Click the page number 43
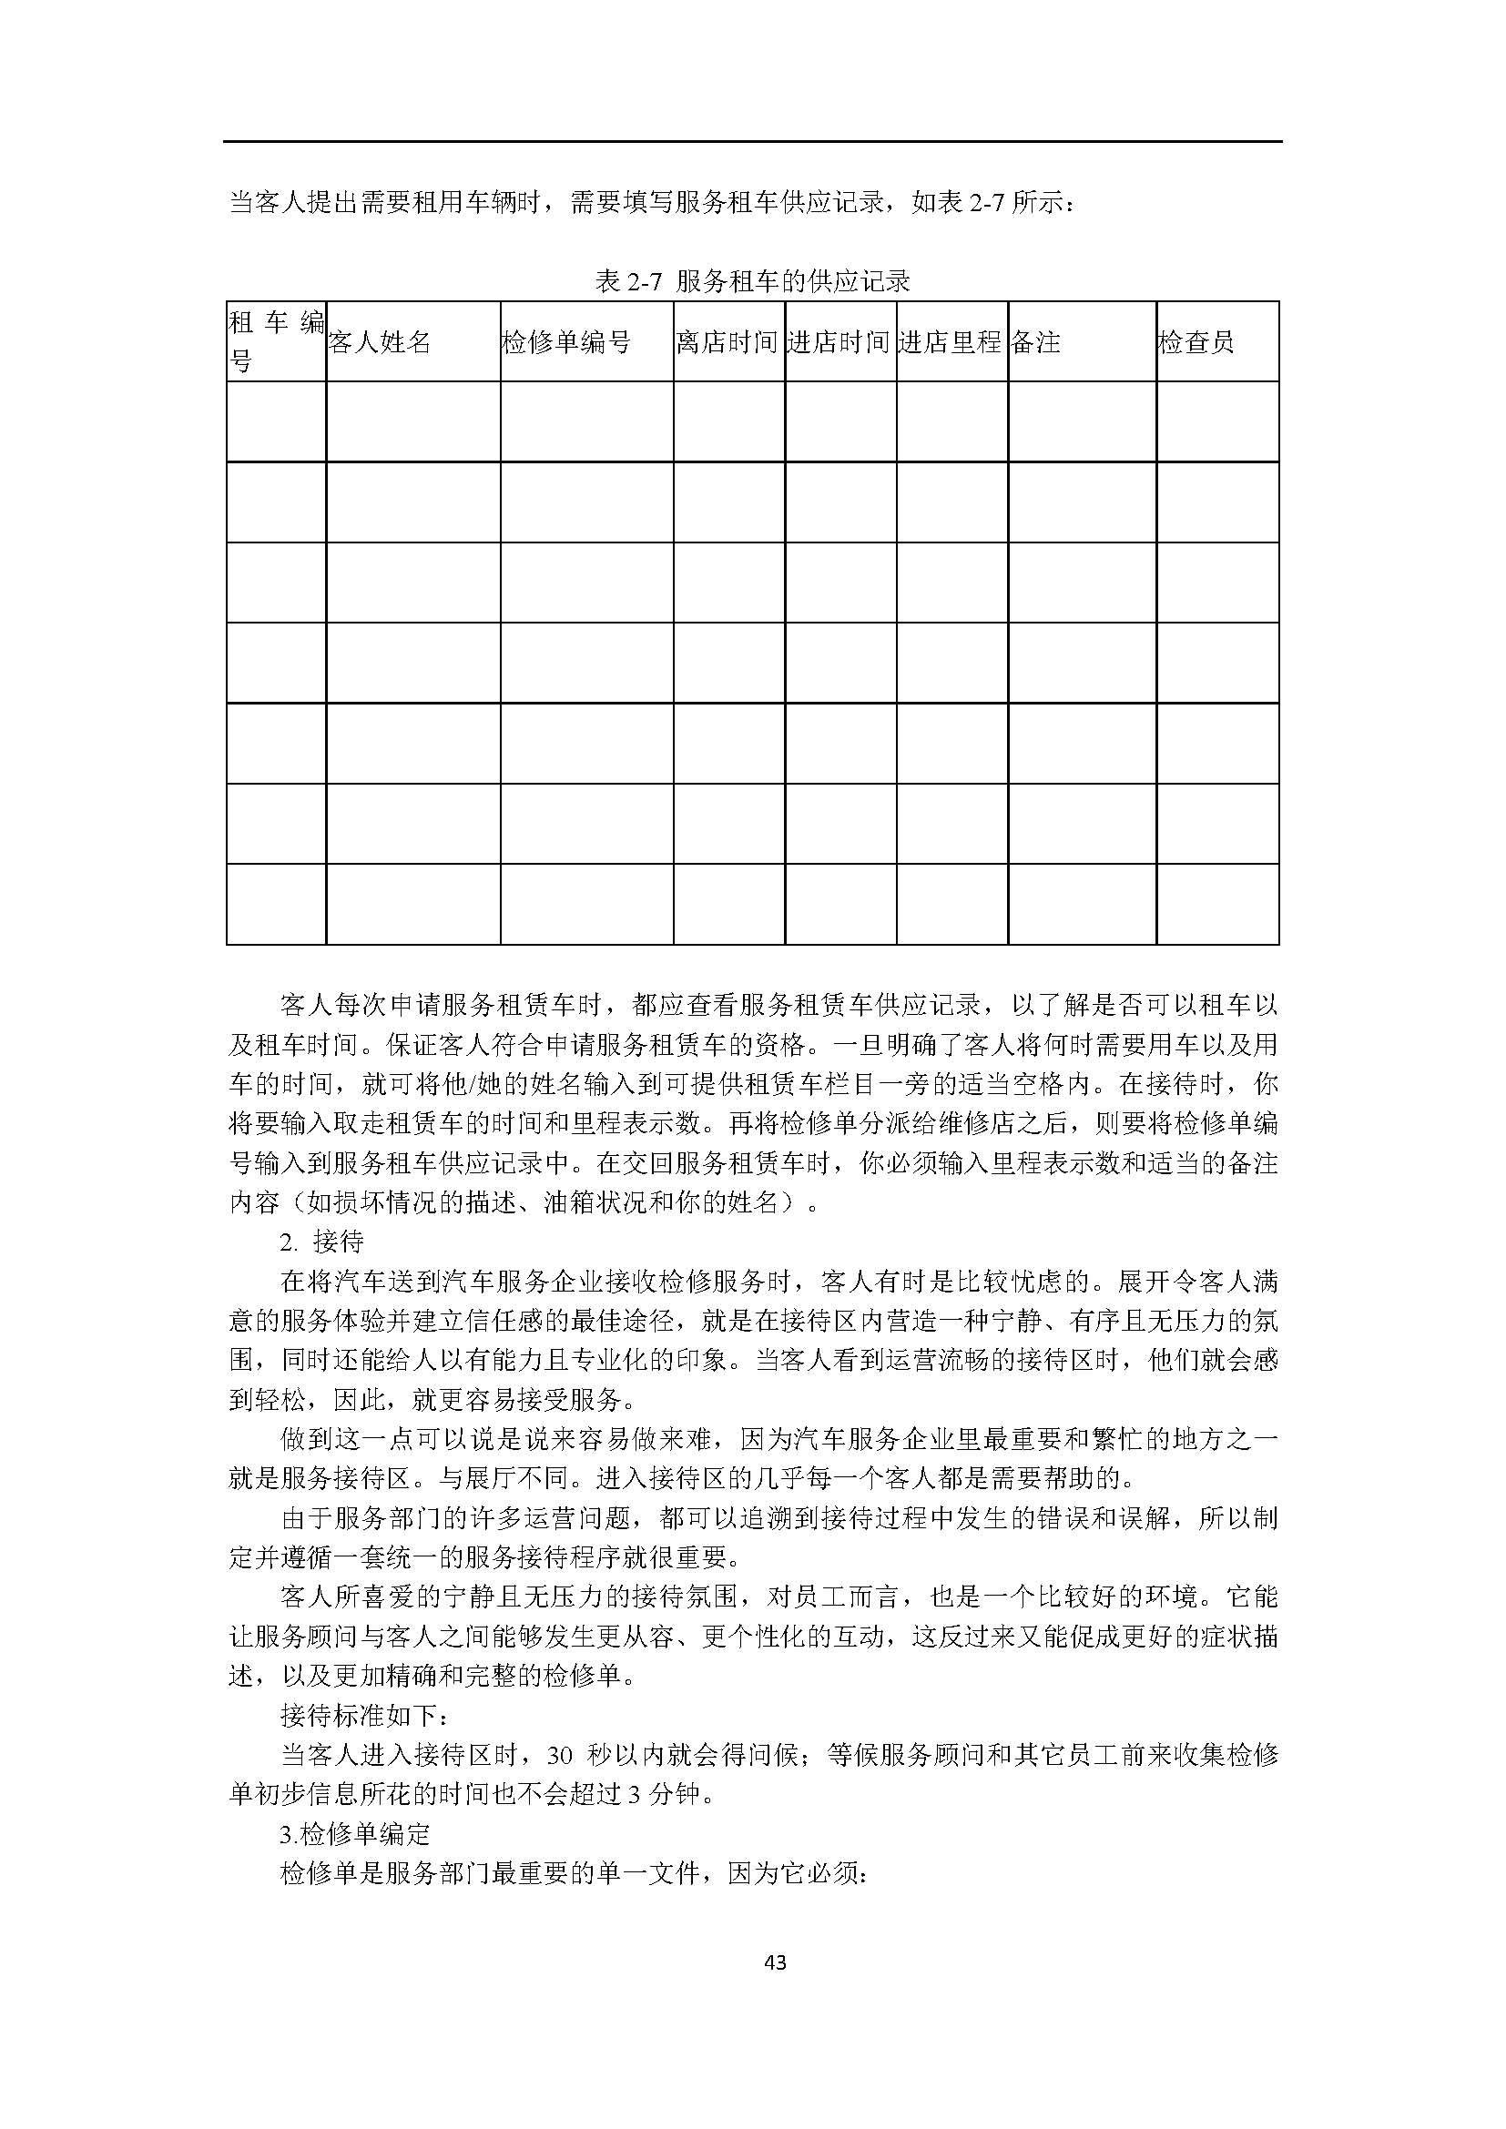point(776,1962)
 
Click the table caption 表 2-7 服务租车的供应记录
point(752,281)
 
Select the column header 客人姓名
point(381,342)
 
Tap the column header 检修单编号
point(565,342)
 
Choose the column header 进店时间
point(839,342)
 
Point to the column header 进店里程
point(951,342)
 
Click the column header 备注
point(1036,342)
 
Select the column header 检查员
point(1196,342)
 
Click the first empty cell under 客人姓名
point(412,422)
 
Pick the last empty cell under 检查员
point(1217,904)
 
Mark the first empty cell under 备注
point(1083,422)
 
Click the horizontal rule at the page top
point(752,142)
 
